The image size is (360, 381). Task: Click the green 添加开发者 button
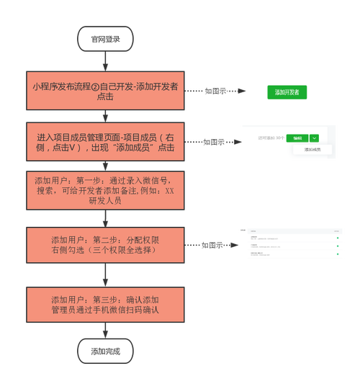click(x=287, y=92)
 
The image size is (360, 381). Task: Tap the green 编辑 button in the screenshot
click(x=297, y=138)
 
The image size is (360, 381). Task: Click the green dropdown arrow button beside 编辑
click(x=314, y=138)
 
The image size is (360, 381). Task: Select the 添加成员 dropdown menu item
click(x=313, y=151)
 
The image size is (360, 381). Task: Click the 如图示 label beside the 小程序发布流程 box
click(x=215, y=91)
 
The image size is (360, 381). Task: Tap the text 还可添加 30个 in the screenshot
click(x=271, y=138)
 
